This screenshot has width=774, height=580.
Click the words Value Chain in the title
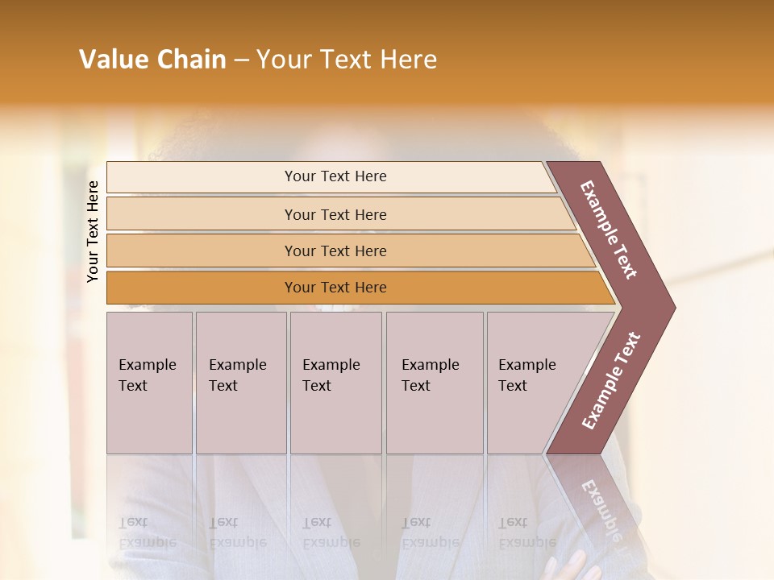click(152, 60)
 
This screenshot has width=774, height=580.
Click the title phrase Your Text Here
click(347, 60)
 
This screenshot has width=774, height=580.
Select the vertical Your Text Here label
click(93, 231)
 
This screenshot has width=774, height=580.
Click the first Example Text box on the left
click(149, 383)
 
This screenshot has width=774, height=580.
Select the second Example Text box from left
click(240, 383)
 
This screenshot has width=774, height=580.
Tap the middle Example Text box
click(335, 383)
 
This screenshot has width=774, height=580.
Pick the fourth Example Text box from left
click(434, 383)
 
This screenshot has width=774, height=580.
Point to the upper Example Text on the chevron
click(609, 230)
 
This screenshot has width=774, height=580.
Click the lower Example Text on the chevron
click(611, 381)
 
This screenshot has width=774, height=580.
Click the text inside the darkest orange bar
click(335, 288)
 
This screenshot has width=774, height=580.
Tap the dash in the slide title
click(241, 60)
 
